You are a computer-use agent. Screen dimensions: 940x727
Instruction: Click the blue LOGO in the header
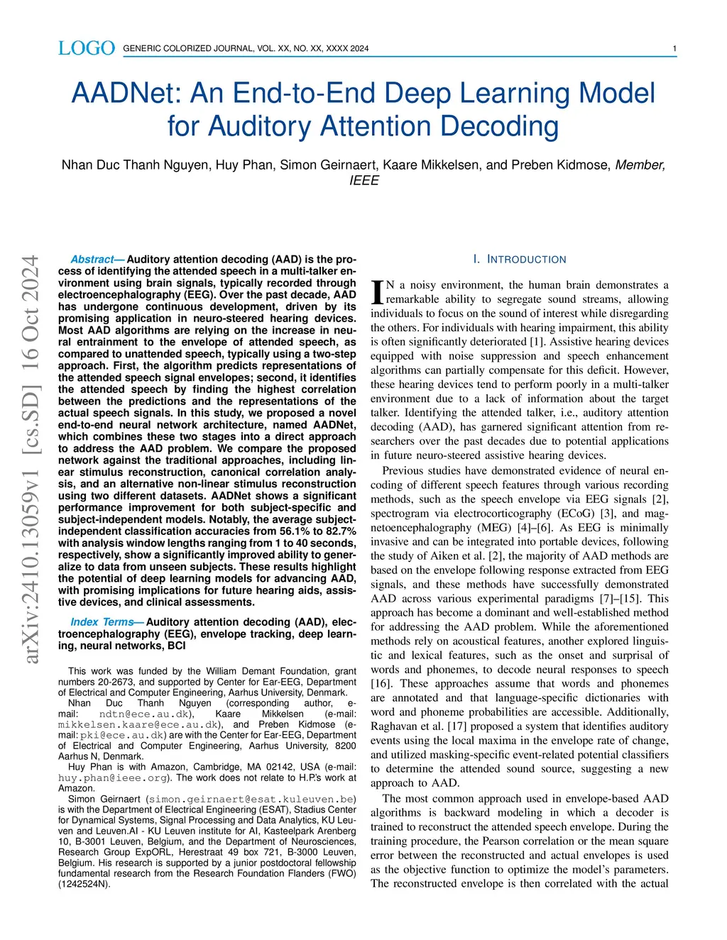point(86,48)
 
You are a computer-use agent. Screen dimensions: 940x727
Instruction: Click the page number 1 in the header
point(674,49)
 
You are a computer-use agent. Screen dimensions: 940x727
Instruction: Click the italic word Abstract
point(92,260)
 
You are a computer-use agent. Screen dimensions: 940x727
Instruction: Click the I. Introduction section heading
point(520,260)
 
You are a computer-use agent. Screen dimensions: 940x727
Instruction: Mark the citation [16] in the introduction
point(381,684)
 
